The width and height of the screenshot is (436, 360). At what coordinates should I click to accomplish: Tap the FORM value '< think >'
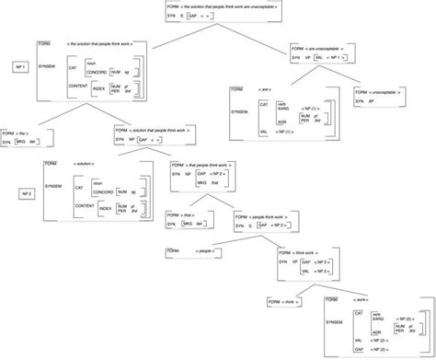pos(287,300)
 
